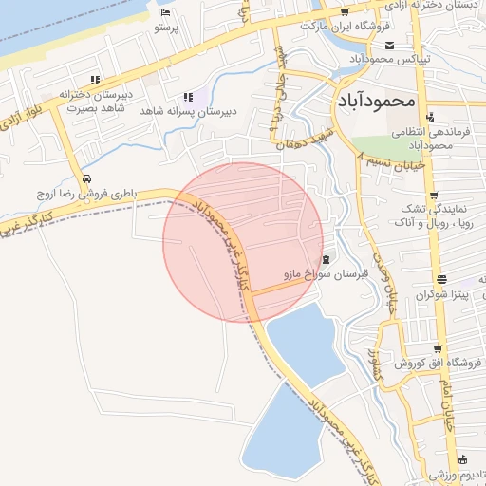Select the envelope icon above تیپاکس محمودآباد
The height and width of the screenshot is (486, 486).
[390, 44]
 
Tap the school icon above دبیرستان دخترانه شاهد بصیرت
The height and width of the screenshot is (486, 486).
[93, 80]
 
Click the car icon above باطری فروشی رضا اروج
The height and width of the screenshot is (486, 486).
[86, 178]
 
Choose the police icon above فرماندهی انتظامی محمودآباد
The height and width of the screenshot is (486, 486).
[432, 119]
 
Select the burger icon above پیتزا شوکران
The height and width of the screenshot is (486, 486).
[440, 279]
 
